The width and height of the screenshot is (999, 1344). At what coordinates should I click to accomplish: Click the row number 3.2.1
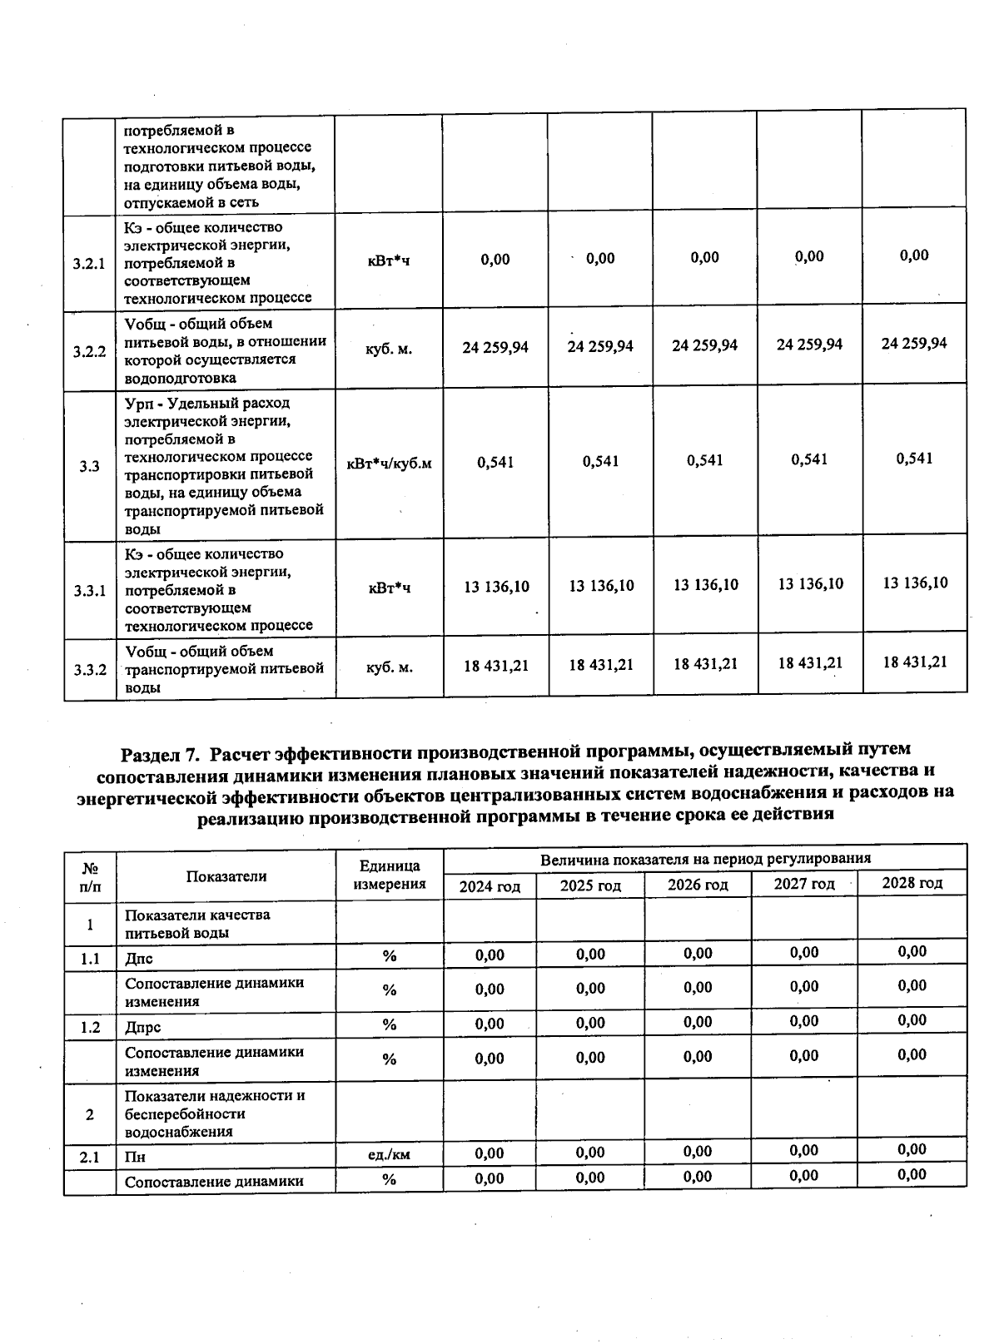point(89,264)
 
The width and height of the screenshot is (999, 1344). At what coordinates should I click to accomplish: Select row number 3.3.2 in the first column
point(89,669)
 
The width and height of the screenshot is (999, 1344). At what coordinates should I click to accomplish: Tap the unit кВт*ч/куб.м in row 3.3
point(389,464)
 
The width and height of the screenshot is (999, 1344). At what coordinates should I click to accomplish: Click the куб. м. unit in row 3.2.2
point(389,350)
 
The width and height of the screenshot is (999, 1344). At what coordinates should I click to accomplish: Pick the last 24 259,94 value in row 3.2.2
point(914,344)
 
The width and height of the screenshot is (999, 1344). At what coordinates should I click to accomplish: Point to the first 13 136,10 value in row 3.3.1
point(496,587)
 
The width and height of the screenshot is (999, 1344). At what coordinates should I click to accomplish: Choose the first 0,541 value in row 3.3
point(495,462)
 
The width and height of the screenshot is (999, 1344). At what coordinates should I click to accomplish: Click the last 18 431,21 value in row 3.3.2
point(915,662)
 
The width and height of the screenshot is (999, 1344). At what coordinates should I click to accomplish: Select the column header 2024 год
point(490,886)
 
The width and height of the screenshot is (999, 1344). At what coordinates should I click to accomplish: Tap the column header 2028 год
point(912,883)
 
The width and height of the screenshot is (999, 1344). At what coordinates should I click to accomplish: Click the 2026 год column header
point(698,885)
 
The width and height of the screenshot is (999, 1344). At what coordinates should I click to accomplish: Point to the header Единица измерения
point(389,875)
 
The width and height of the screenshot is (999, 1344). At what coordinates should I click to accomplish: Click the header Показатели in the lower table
point(226,876)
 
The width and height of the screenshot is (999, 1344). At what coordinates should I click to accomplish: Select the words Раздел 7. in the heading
point(161,755)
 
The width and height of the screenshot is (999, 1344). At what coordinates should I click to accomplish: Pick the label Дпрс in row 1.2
point(142,1028)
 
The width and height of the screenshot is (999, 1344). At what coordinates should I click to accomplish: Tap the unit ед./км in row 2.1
point(389,1155)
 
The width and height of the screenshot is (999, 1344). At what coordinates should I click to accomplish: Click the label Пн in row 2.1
point(135,1157)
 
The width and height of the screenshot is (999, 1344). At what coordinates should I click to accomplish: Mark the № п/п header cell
point(89,876)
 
